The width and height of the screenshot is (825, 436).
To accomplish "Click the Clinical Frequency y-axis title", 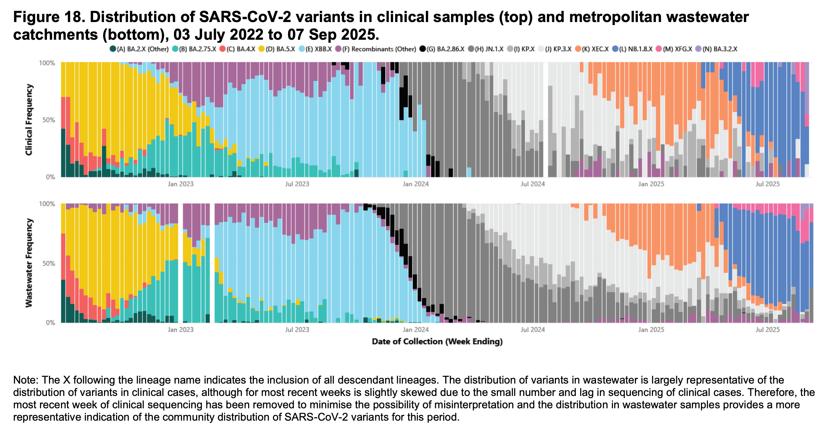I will point(29,120).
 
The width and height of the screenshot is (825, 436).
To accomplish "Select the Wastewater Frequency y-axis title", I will point(29,263).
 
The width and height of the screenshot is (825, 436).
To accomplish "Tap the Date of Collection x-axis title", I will point(437,342).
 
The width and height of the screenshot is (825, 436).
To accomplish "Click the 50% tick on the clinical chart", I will point(49,120).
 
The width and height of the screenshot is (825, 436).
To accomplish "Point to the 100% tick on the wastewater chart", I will point(47,204).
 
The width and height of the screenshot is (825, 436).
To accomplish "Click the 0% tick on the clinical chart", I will point(50,177).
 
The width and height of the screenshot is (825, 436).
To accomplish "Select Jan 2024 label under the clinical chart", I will point(416,184).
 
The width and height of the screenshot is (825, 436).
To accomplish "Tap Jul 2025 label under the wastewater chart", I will point(767,330).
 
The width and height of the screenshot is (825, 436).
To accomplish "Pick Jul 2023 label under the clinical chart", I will point(297,184).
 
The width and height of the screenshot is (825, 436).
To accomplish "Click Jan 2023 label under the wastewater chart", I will point(180,330).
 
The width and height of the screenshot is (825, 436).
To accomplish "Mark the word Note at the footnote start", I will point(25,380).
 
